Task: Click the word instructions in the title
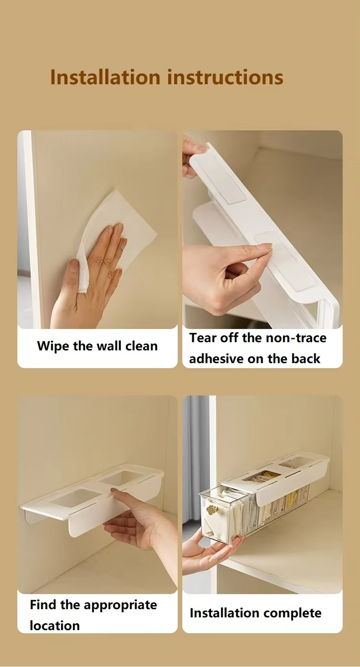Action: pyautogui.click(x=225, y=77)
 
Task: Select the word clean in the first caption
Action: pyautogui.click(x=142, y=346)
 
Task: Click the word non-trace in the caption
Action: pyautogui.click(x=296, y=338)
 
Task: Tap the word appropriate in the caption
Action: pyautogui.click(x=120, y=606)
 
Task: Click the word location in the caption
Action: pyautogui.click(x=55, y=626)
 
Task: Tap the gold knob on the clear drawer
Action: pyautogui.click(x=212, y=510)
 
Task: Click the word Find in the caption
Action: pyautogui.click(x=43, y=605)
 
